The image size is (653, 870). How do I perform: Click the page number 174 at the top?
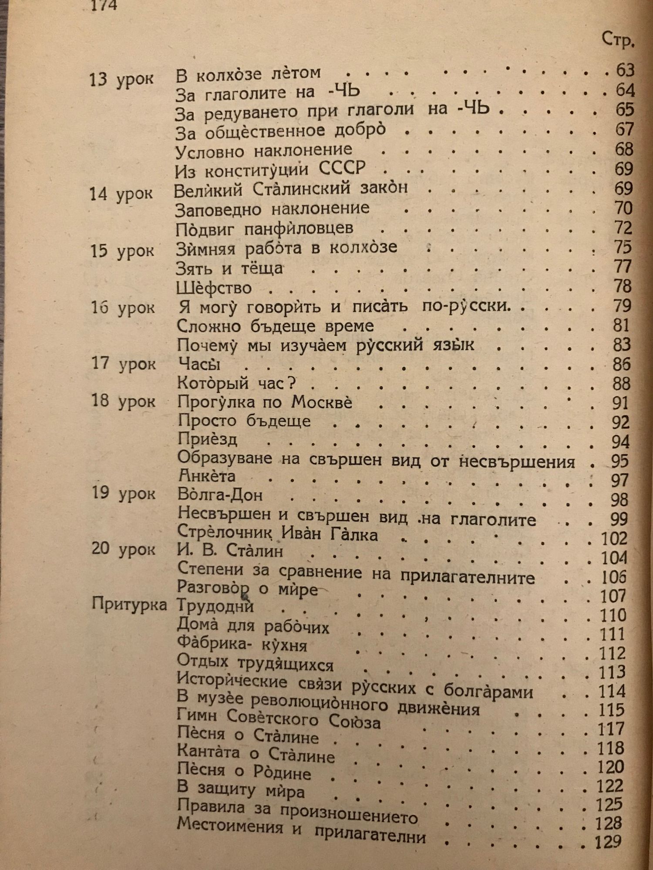point(103,5)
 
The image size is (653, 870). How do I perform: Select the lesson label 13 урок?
point(121,80)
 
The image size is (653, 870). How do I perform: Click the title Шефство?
point(214,288)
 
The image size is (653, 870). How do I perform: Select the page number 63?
point(625,70)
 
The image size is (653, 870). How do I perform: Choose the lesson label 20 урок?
point(123,549)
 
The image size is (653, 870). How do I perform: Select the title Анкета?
point(207,476)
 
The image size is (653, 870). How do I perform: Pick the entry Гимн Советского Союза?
point(279,721)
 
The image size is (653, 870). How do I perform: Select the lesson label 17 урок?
point(124,364)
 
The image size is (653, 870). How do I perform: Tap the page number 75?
point(623,247)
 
